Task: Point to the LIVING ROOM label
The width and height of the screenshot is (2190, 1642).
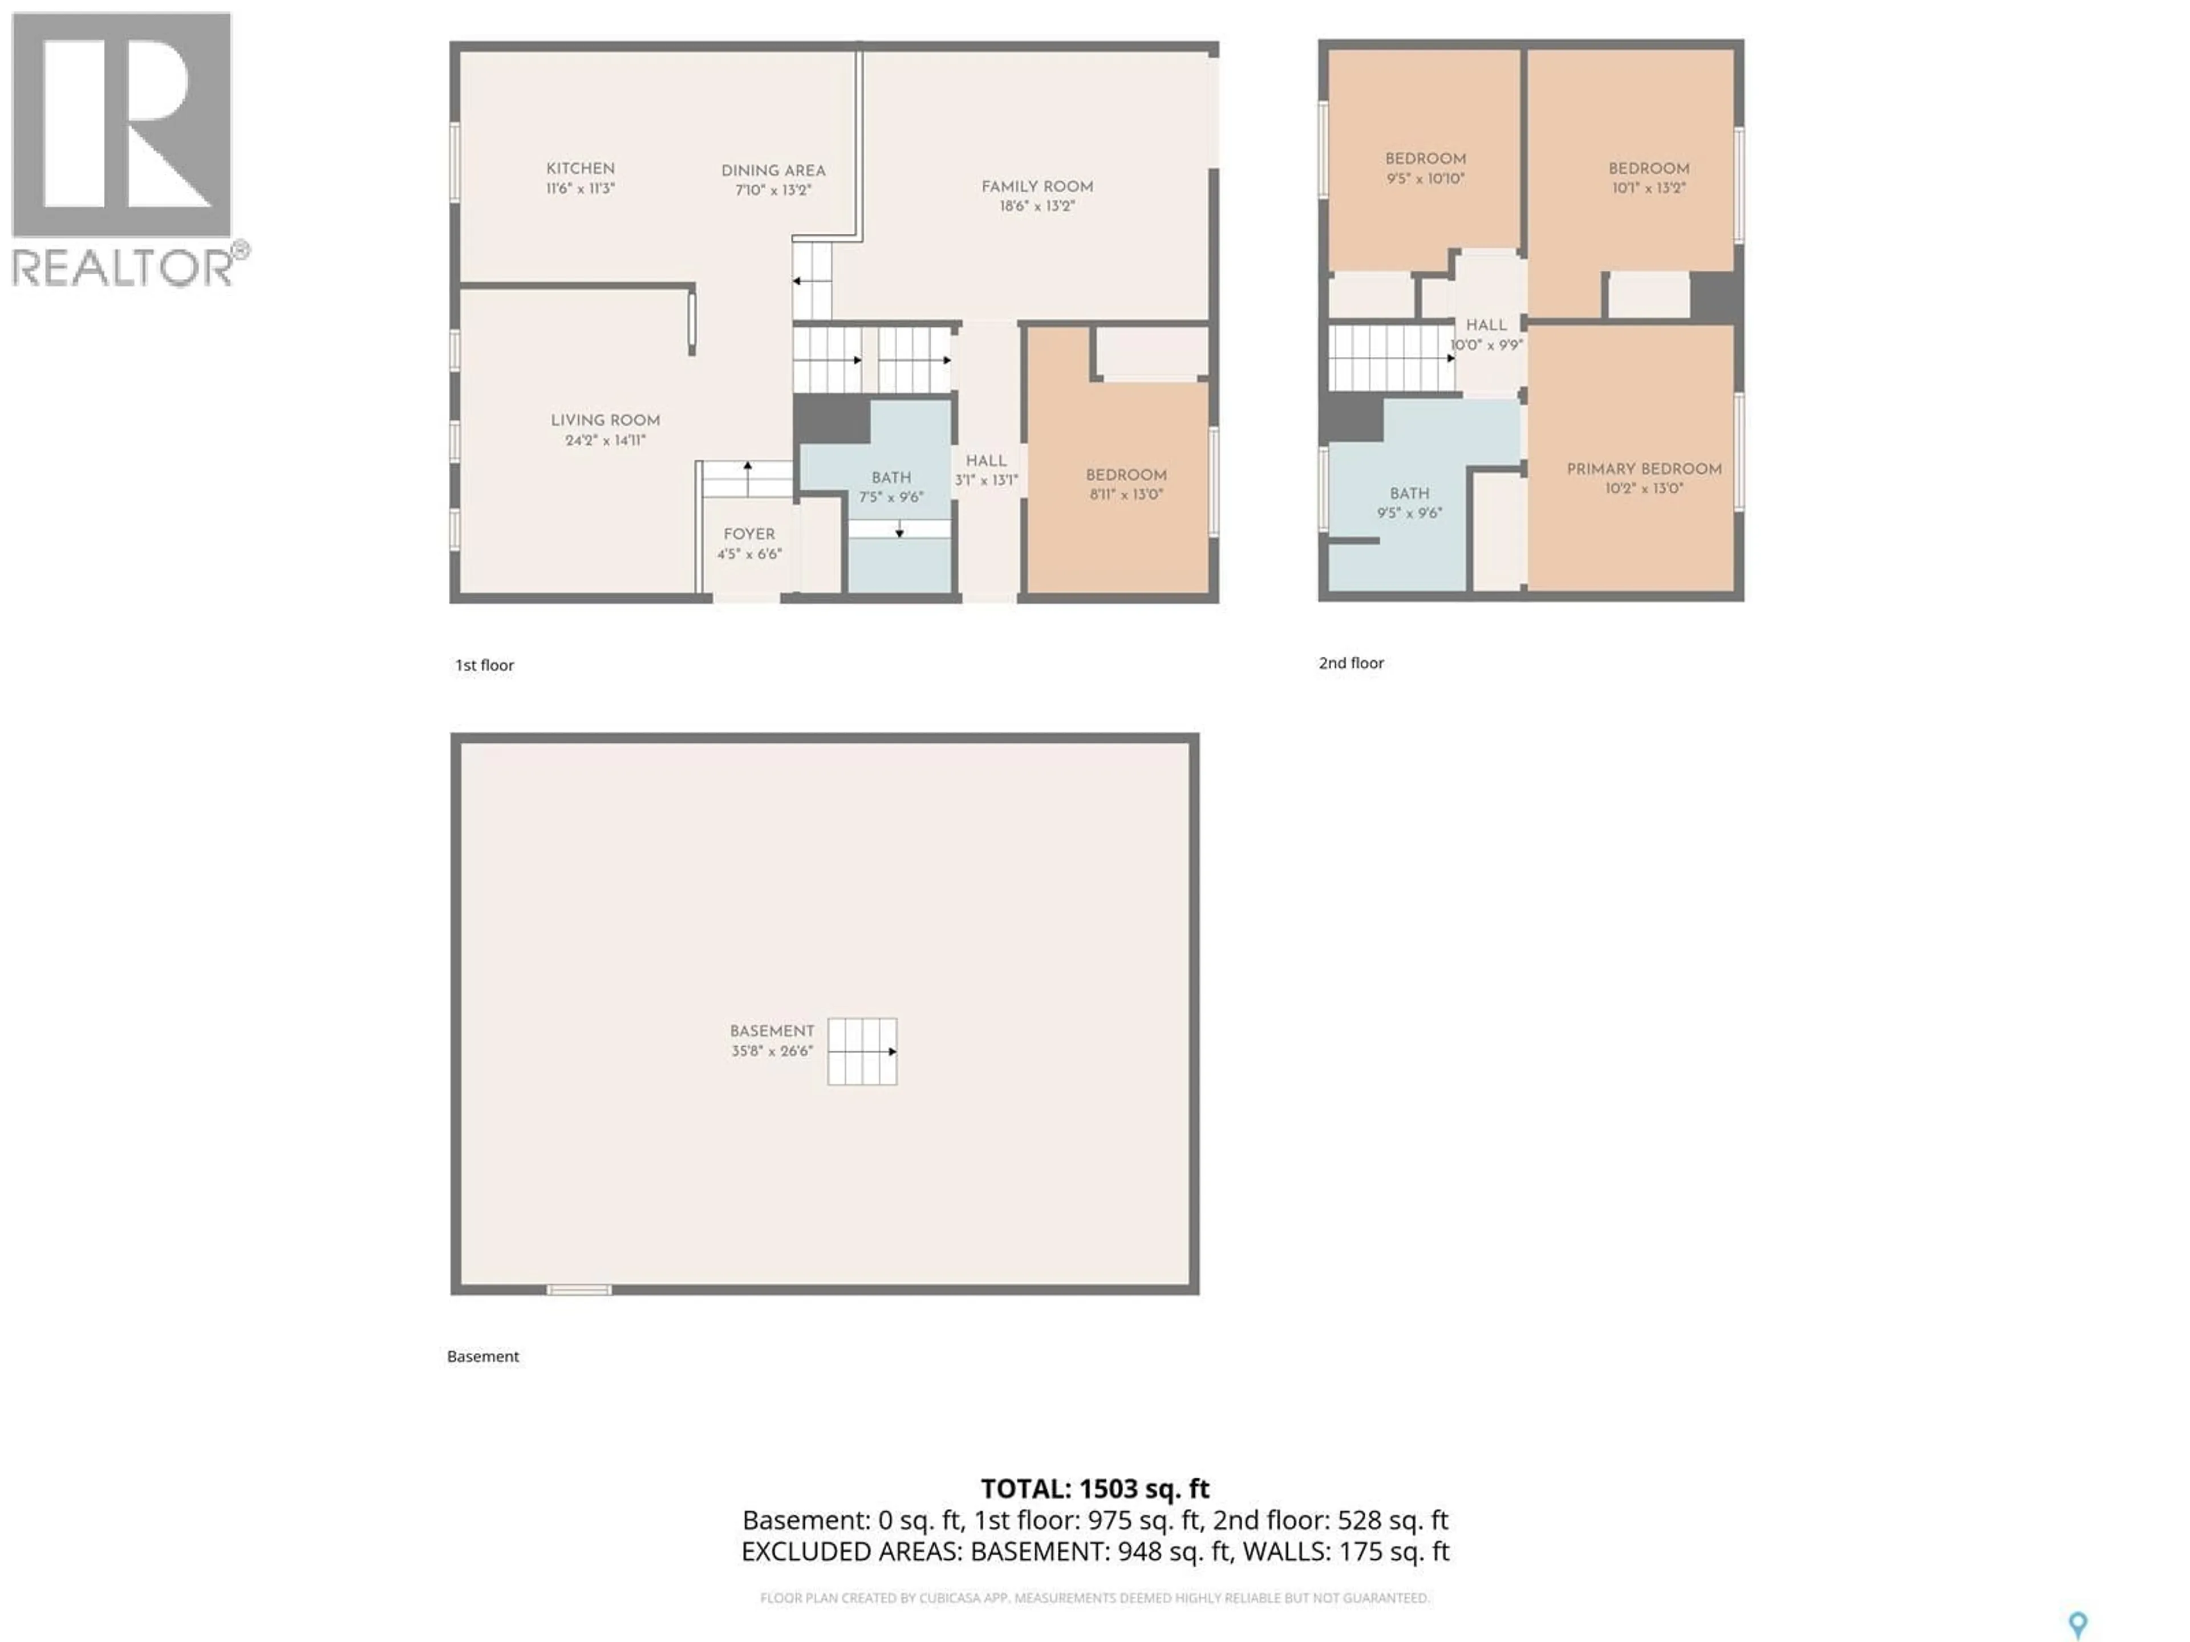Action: tap(605, 421)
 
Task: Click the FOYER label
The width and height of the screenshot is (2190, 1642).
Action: tap(748, 534)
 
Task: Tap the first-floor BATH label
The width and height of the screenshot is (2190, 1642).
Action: tap(891, 478)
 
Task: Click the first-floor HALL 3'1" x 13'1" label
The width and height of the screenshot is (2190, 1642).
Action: tap(986, 470)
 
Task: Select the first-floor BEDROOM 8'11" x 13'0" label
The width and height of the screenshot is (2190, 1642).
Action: tap(1126, 484)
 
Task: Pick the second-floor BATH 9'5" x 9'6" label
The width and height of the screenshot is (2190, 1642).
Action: tap(1409, 503)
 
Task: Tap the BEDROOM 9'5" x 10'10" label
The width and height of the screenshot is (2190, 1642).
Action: tap(1425, 168)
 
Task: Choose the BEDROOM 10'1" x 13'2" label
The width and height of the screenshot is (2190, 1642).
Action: tap(1648, 177)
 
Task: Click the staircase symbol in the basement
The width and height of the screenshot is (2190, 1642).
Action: tap(862, 1051)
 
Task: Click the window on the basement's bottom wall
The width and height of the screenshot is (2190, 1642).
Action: tap(579, 1290)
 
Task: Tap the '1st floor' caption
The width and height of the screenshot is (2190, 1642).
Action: tap(484, 665)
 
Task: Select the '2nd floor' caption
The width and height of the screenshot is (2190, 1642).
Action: tap(1350, 663)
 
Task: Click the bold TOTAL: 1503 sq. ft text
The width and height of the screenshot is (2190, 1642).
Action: tap(1094, 1489)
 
